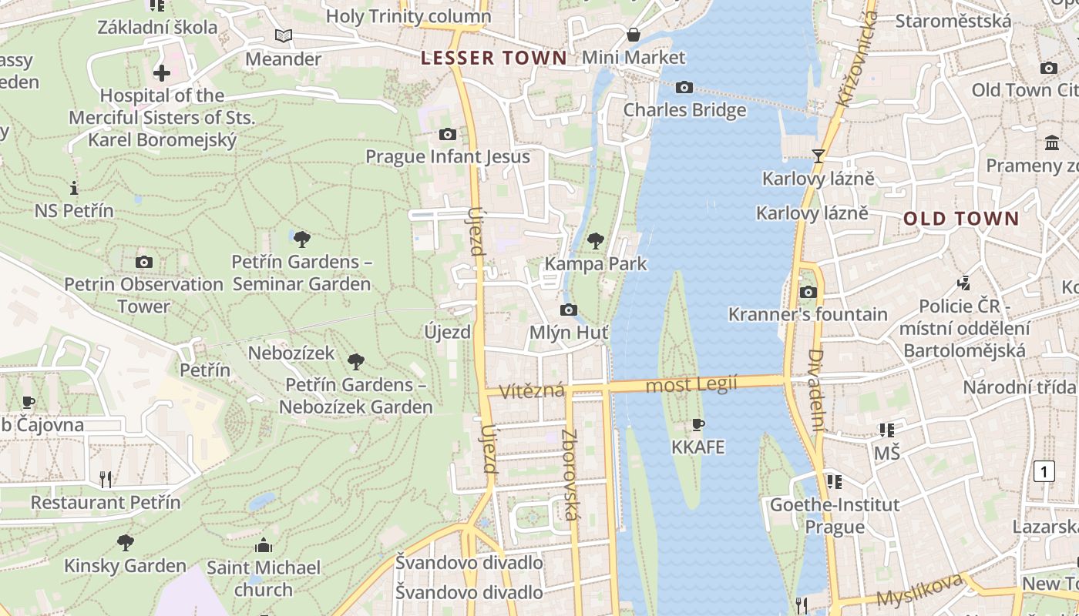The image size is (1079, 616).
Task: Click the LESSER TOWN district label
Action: pos(494,58)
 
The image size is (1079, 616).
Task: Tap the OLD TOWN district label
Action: pos(961,219)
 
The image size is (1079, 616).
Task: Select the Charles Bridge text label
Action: pos(684,110)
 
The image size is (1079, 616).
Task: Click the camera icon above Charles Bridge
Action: pos(684,88)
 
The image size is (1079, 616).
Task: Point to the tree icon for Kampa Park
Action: pos(595,241)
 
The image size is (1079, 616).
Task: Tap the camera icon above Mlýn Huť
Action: pos(568,310)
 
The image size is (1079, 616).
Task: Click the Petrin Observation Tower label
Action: pos(143,295)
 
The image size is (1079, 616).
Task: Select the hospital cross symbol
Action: pos(162,73)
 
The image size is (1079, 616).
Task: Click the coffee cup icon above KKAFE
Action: pos(698,424)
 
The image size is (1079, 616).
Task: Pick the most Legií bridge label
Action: pos(691,383)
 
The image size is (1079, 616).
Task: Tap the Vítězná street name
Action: pos(532,391)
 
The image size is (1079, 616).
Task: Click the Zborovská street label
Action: pos(570,474)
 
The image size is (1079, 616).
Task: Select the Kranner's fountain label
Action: pos(808,314)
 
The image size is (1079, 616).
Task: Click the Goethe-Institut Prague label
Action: pos(835,516)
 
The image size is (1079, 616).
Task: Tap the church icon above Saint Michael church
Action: pos(264,545)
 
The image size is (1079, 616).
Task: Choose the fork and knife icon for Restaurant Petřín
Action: pos(106,480)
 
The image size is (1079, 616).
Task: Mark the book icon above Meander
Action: pos(284,36)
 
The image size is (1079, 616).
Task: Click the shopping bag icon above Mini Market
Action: pos(633,35)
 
